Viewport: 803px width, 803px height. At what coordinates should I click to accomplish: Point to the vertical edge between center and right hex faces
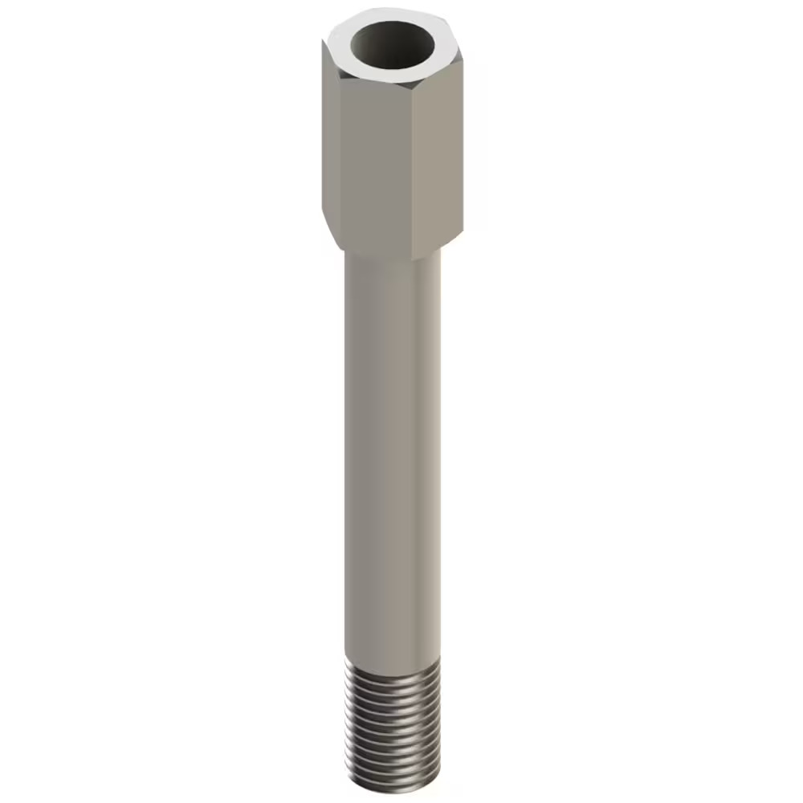click(x=413, y=169)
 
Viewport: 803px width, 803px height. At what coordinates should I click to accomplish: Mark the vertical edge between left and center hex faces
click(x=340, y=161)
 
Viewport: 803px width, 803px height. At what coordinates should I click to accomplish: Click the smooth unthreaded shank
click(x=392, y=450)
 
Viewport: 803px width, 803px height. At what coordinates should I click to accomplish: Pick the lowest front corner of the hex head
click(x=412, y=259)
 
